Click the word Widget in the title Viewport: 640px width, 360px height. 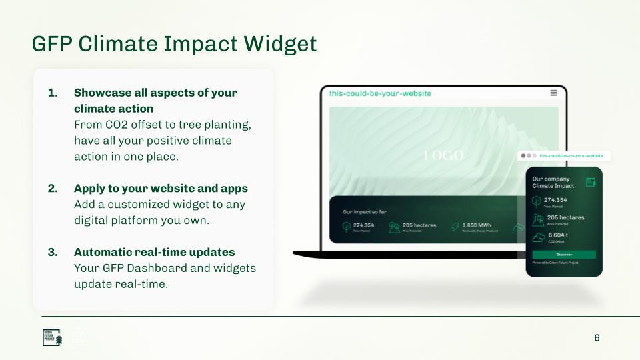click(x=280, y=43)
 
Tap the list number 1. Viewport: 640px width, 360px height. click(x=53, y=93)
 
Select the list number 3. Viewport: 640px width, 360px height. click(x=53, y=252)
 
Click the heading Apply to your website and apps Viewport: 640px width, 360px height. click(x=161, y=188)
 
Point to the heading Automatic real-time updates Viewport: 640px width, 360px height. click(x=154, y=252)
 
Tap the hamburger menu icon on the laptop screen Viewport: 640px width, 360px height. click(x=553, y=93)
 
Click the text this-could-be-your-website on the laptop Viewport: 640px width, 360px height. click(x=380, y=93)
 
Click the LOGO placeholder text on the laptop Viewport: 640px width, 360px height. click(x=443, y=155)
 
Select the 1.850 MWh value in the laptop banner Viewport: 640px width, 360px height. click(x=477, y=225)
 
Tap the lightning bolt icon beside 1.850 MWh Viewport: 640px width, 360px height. click(x=455, y=227)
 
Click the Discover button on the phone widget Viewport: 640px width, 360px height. click(x=564, y=255)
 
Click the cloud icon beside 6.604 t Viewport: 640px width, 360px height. click(x=537, y=238)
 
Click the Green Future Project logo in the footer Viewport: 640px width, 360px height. click(x=52, y=337)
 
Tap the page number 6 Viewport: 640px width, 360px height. click(x=597, y=337)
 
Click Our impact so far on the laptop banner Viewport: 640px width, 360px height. click(x=365, y=211)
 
